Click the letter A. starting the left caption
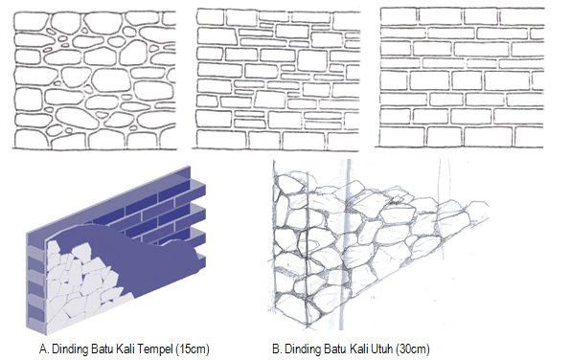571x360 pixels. point(44,349)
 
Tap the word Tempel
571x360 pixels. point(156,349)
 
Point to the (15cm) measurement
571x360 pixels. point(193,349)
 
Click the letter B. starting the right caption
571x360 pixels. point(277,349)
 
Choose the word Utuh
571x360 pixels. point(383,349)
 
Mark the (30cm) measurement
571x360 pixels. point(413,349)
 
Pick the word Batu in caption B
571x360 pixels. point(335,349)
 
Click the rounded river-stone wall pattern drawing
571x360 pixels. point(95,80)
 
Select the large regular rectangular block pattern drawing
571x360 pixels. point(460,78)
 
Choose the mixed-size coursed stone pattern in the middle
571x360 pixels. point(277,79)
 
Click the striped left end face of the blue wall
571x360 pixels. point(36,284)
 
